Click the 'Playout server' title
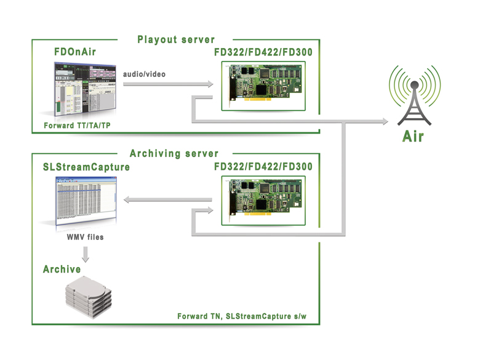(x=176, y=40)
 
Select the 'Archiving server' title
(x=174, y=153)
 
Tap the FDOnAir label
(x=75, y=52)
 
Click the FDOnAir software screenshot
(x=86, y=89)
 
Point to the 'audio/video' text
(x=144, y=74)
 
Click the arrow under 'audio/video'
(x=168, y=84)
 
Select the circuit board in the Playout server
(x=263, y=86)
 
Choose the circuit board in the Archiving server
(x=263, y=201)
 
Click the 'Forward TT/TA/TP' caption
(x=77, y=126)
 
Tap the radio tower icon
(x=415, y=95)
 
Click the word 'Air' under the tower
(x=413, y=136)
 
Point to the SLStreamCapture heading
(x=86, y=167)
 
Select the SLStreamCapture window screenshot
(x=86, y=201)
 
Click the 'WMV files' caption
(x=85, y=237)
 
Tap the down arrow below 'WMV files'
(x=86, y=254)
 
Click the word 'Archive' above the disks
(x=62, y=269)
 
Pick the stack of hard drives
(x=89, y=297)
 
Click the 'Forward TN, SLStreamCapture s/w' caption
(x=242, y=316)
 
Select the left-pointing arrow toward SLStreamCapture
(x=168, y=200)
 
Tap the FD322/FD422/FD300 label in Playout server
(x=263, y=52)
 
